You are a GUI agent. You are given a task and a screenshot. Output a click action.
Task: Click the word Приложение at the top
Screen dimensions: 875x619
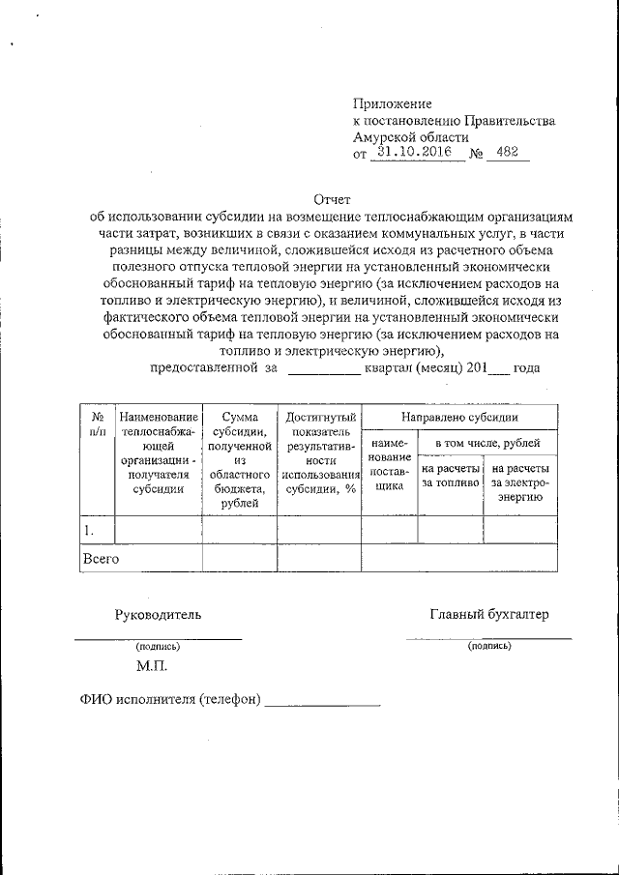[392, 103]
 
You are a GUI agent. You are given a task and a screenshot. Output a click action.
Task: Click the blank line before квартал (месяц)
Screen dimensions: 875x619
[324, 368]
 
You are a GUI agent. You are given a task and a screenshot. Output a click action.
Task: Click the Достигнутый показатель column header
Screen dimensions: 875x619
[318, 452]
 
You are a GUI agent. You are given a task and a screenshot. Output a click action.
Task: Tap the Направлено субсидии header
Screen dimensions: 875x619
[458, 417]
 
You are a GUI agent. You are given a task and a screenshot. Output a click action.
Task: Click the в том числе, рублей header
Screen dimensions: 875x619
[487, 443]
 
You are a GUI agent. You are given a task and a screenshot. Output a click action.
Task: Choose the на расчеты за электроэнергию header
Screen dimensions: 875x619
[519, 481]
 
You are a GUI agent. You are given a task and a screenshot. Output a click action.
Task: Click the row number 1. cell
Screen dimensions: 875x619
[97, 530]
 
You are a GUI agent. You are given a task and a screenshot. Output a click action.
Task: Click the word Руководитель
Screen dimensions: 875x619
[159, 614]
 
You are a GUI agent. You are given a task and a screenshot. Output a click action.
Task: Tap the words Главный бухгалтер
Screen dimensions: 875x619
[488, 614]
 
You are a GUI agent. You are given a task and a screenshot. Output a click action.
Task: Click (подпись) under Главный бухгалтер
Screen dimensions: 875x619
[488, 645]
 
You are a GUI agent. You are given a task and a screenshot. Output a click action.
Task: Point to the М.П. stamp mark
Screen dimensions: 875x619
[152, 666]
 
